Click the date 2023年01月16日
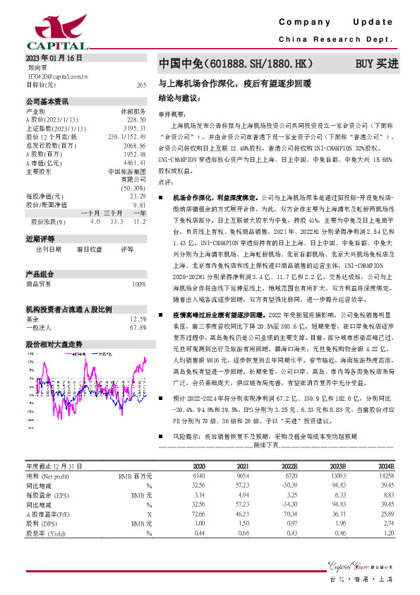pyautogui.click(x=54, y=58)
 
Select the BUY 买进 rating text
pyautogui.click(x=376, y=64)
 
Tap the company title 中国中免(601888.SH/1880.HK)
pyautogui.click(x=235, y=64)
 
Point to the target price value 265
pyautogui.click(x=141, y=85)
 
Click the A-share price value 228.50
pyautogui.click(x=136, y=120)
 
